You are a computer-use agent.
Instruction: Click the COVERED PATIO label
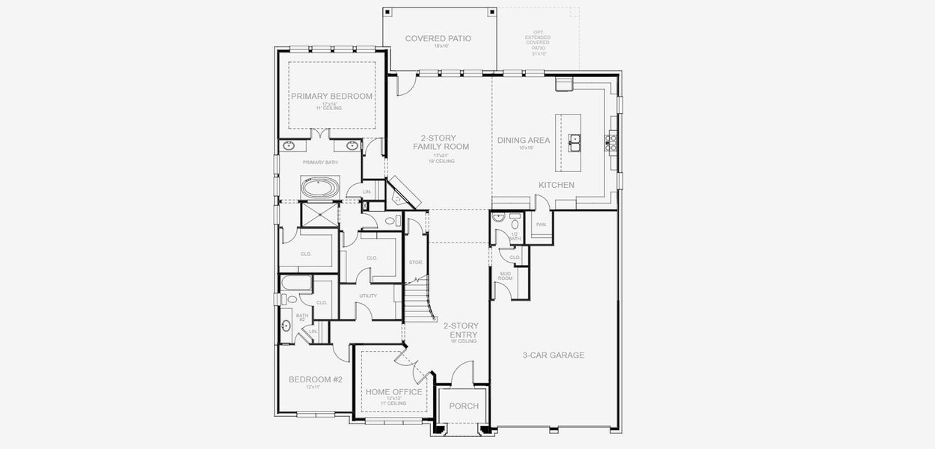438,38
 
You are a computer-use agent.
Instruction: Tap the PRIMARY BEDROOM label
331,96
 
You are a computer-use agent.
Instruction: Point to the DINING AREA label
524,140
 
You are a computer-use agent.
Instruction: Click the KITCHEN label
557,185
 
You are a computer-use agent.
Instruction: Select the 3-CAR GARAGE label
553,355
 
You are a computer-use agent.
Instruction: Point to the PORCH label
463,406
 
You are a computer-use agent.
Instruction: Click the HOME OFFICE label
393,392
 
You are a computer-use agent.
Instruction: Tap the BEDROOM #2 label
315,379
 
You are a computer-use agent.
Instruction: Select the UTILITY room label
367,296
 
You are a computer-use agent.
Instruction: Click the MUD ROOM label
505,276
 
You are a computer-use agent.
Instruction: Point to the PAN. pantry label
541,224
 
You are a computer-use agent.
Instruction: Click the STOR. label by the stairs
416,262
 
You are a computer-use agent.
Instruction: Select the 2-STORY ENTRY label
461,330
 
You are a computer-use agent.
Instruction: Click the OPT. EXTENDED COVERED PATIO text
538,43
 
